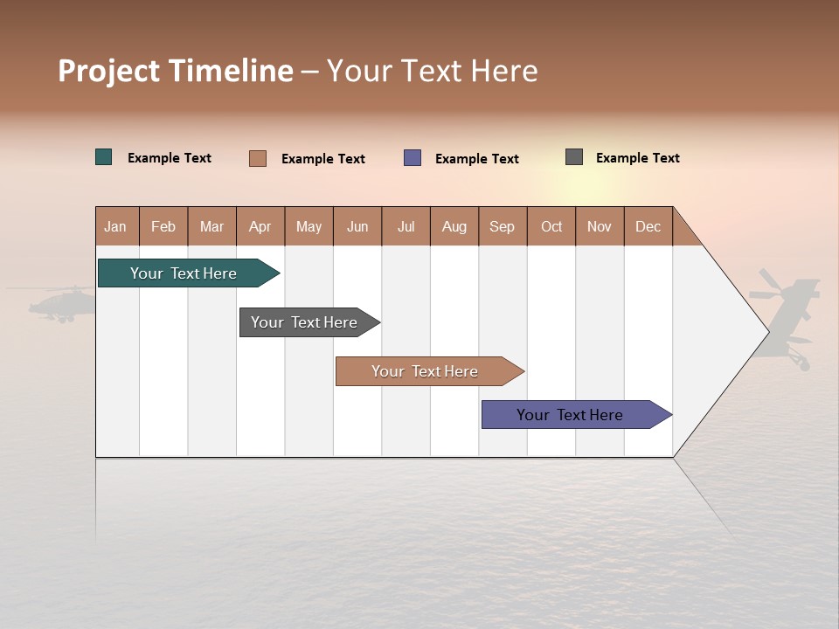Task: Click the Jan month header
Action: [x=116, y=226]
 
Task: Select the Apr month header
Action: [x=260, y=226]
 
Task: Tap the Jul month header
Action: [x=406, y=226]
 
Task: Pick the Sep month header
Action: [x=503, y=226]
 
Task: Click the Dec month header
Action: [x=648, y=226]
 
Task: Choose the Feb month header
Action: [x=163, y=226]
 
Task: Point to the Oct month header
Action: [x=551, y=226]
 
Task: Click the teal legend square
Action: [x=104, y=157]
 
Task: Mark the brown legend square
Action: [x=258, y=158]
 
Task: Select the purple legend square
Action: [x=413, y=158]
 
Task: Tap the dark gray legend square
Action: [x=574, y=157]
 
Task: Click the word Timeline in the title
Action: [x=232, y=71]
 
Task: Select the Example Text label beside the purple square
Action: [x=477, y=159]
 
